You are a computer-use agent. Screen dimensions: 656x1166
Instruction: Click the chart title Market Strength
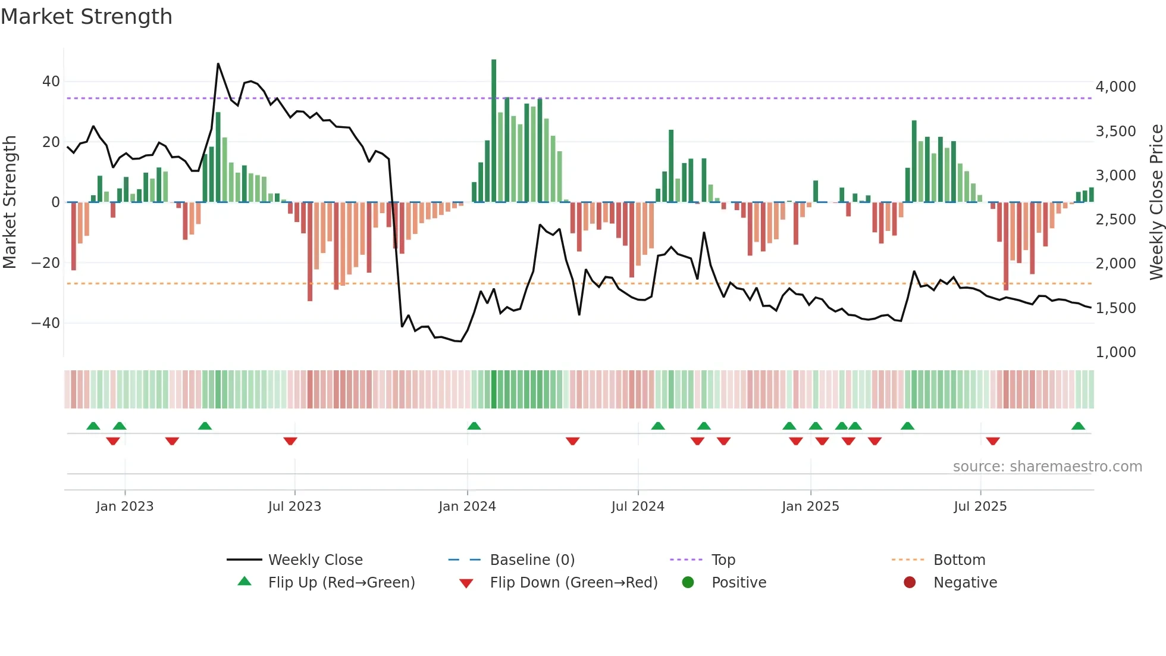tap(86, 17)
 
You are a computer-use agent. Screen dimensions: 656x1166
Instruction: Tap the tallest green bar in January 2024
tap(494, 131)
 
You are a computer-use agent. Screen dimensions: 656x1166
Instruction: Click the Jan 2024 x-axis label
tap(467, 506)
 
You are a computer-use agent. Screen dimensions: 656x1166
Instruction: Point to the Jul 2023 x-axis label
tap(294, 506)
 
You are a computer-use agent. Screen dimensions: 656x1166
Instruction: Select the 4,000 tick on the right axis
tap(1115, 87)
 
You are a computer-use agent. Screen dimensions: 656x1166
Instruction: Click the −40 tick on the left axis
tap(46, 323)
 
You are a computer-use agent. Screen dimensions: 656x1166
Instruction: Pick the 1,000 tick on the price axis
tap(1115, 352)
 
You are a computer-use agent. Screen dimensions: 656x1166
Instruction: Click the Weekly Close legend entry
tap(315, 560)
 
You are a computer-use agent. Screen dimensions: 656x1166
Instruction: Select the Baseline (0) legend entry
tap(532, 560)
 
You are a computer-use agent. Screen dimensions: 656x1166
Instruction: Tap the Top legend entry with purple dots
tap(723, 560)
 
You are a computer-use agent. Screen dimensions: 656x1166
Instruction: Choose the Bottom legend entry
tap(959, 560)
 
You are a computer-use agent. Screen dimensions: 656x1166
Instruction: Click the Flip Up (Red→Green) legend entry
tap(341, 582)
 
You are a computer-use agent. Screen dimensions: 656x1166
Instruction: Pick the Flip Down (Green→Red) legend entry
tap(573, 582)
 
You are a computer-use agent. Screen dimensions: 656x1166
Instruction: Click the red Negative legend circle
tap(910, 582)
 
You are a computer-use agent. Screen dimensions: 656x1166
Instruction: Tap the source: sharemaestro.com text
tap(1047, 466)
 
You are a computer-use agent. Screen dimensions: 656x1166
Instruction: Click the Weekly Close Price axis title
tap(1156, 202)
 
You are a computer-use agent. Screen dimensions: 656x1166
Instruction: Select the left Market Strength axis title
tap(10, 202)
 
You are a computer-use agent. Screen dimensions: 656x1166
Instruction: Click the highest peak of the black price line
tap(218, 64)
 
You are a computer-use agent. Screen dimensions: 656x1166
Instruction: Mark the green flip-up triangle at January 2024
tap(474, 426)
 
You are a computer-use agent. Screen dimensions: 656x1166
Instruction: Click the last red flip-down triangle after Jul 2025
tap(993, 441)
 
